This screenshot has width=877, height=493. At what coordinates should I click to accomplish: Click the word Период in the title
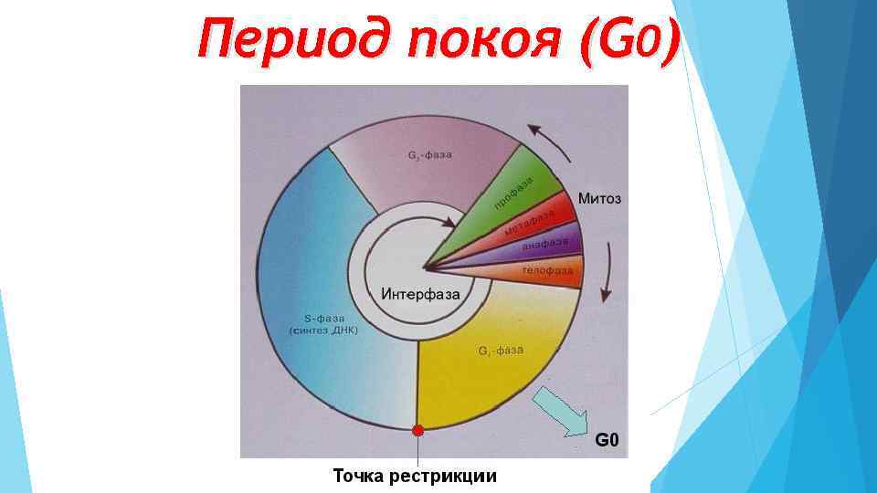tap(292, 40)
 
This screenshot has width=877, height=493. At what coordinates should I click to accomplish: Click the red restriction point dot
tap(418, 430)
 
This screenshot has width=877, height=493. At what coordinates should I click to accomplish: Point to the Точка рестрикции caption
tap(415, 476)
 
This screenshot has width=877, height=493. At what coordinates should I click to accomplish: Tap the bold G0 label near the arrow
tap(608, 442)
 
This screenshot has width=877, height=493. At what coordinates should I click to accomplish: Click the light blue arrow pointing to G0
tap(561, 410)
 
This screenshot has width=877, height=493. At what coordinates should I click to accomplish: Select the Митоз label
tap(599, 198)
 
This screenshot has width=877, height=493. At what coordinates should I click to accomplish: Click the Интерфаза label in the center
tap(419, 294)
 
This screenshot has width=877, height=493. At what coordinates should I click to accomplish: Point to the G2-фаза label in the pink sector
tap(429, 154)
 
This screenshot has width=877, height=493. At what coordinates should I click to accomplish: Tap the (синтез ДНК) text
tap(324, 330)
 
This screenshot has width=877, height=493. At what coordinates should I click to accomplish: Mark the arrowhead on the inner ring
tap(449, 221)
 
